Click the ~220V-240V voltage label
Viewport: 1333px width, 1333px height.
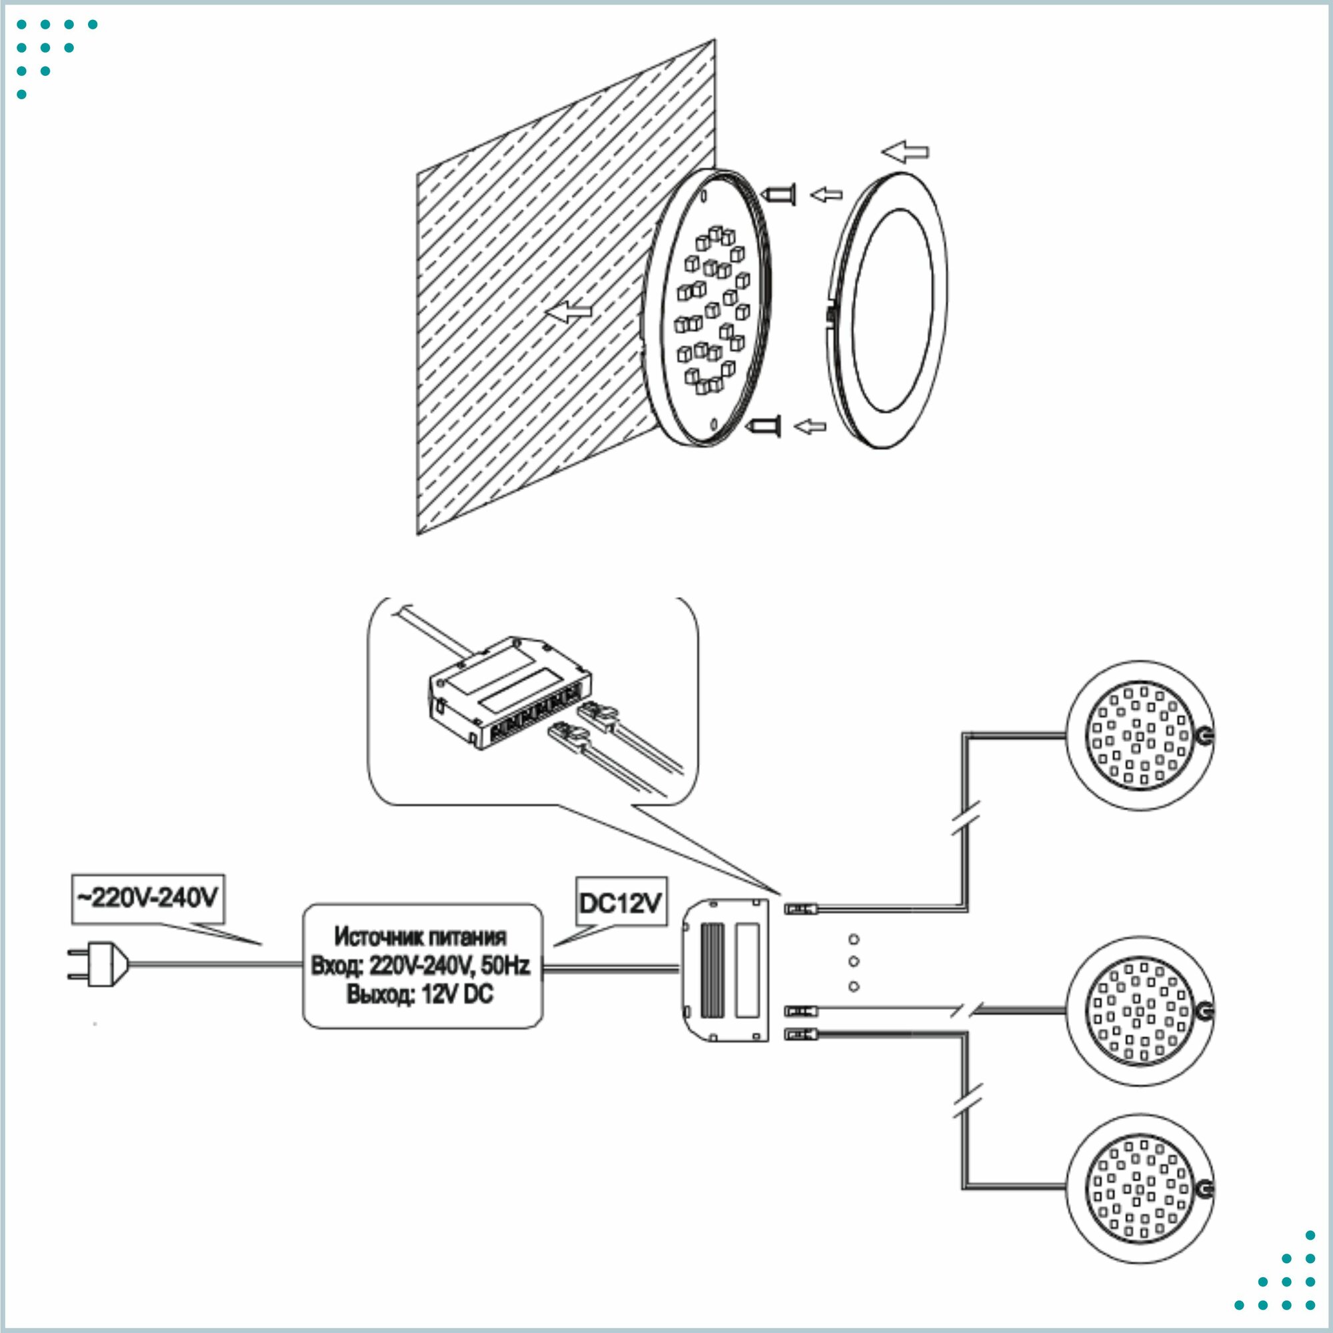point(148,898)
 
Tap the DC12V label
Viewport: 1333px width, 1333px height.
point(621,902)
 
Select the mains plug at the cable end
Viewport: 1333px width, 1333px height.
point(97,964)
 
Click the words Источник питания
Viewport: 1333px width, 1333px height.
point(420,937)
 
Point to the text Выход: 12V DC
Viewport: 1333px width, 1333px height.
point(419,994)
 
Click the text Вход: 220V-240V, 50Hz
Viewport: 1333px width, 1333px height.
point(420,965)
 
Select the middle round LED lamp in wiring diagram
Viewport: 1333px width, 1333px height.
point(1140,1012)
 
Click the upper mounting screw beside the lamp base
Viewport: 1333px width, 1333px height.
point(779,195)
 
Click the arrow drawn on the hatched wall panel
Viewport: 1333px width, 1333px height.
point(569,312)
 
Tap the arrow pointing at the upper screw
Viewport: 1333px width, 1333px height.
point(826,195)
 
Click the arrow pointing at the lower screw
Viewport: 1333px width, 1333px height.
point(810,427)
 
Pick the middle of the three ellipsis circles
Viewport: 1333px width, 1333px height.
point(854,962)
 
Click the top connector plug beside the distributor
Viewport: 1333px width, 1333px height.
point(801,909)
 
